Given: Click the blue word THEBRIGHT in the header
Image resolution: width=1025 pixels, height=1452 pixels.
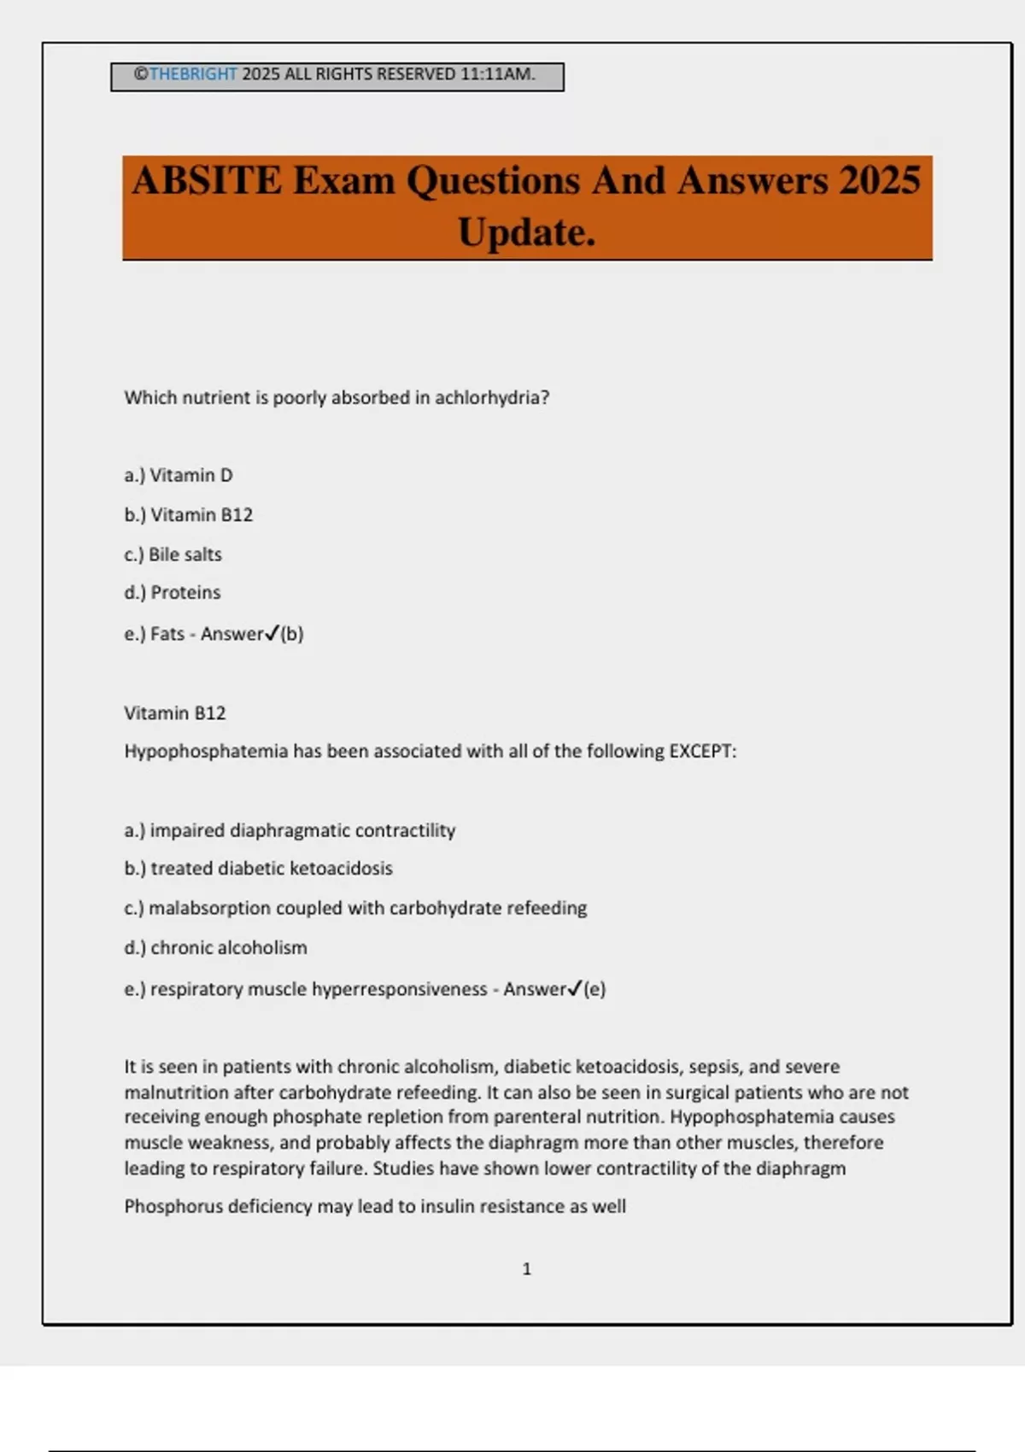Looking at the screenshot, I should pos(193,74).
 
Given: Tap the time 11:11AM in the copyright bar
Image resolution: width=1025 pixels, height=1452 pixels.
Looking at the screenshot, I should pos(497,74).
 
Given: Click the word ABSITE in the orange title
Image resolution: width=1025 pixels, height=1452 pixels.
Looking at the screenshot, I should pos(207,181).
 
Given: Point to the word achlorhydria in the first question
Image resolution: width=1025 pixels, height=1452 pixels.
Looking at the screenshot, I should pos(492,398).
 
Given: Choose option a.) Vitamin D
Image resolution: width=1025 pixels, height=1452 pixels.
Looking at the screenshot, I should pos(179,476).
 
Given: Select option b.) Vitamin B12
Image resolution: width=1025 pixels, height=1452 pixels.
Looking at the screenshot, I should pos(189,515).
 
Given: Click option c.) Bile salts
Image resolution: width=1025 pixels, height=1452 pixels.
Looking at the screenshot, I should pos(173,554).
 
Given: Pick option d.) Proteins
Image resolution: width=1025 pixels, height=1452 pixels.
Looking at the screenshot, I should pos(173,593).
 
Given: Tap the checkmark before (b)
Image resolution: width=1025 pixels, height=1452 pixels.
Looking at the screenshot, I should pos(272,633).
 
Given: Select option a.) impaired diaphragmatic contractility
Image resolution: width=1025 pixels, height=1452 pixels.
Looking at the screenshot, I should pos(290,830).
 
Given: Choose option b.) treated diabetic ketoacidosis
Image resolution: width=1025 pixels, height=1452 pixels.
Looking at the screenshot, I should pos(259,869).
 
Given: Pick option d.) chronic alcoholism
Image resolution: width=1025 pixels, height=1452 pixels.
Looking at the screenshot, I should pos(216,948).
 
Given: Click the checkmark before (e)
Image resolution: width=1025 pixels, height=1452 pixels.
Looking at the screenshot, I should pos(575,988).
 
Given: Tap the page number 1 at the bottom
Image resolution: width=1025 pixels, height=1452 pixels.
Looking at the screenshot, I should pos(526,1269).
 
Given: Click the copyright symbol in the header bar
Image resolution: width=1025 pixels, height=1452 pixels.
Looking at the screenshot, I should pos(141,74).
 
